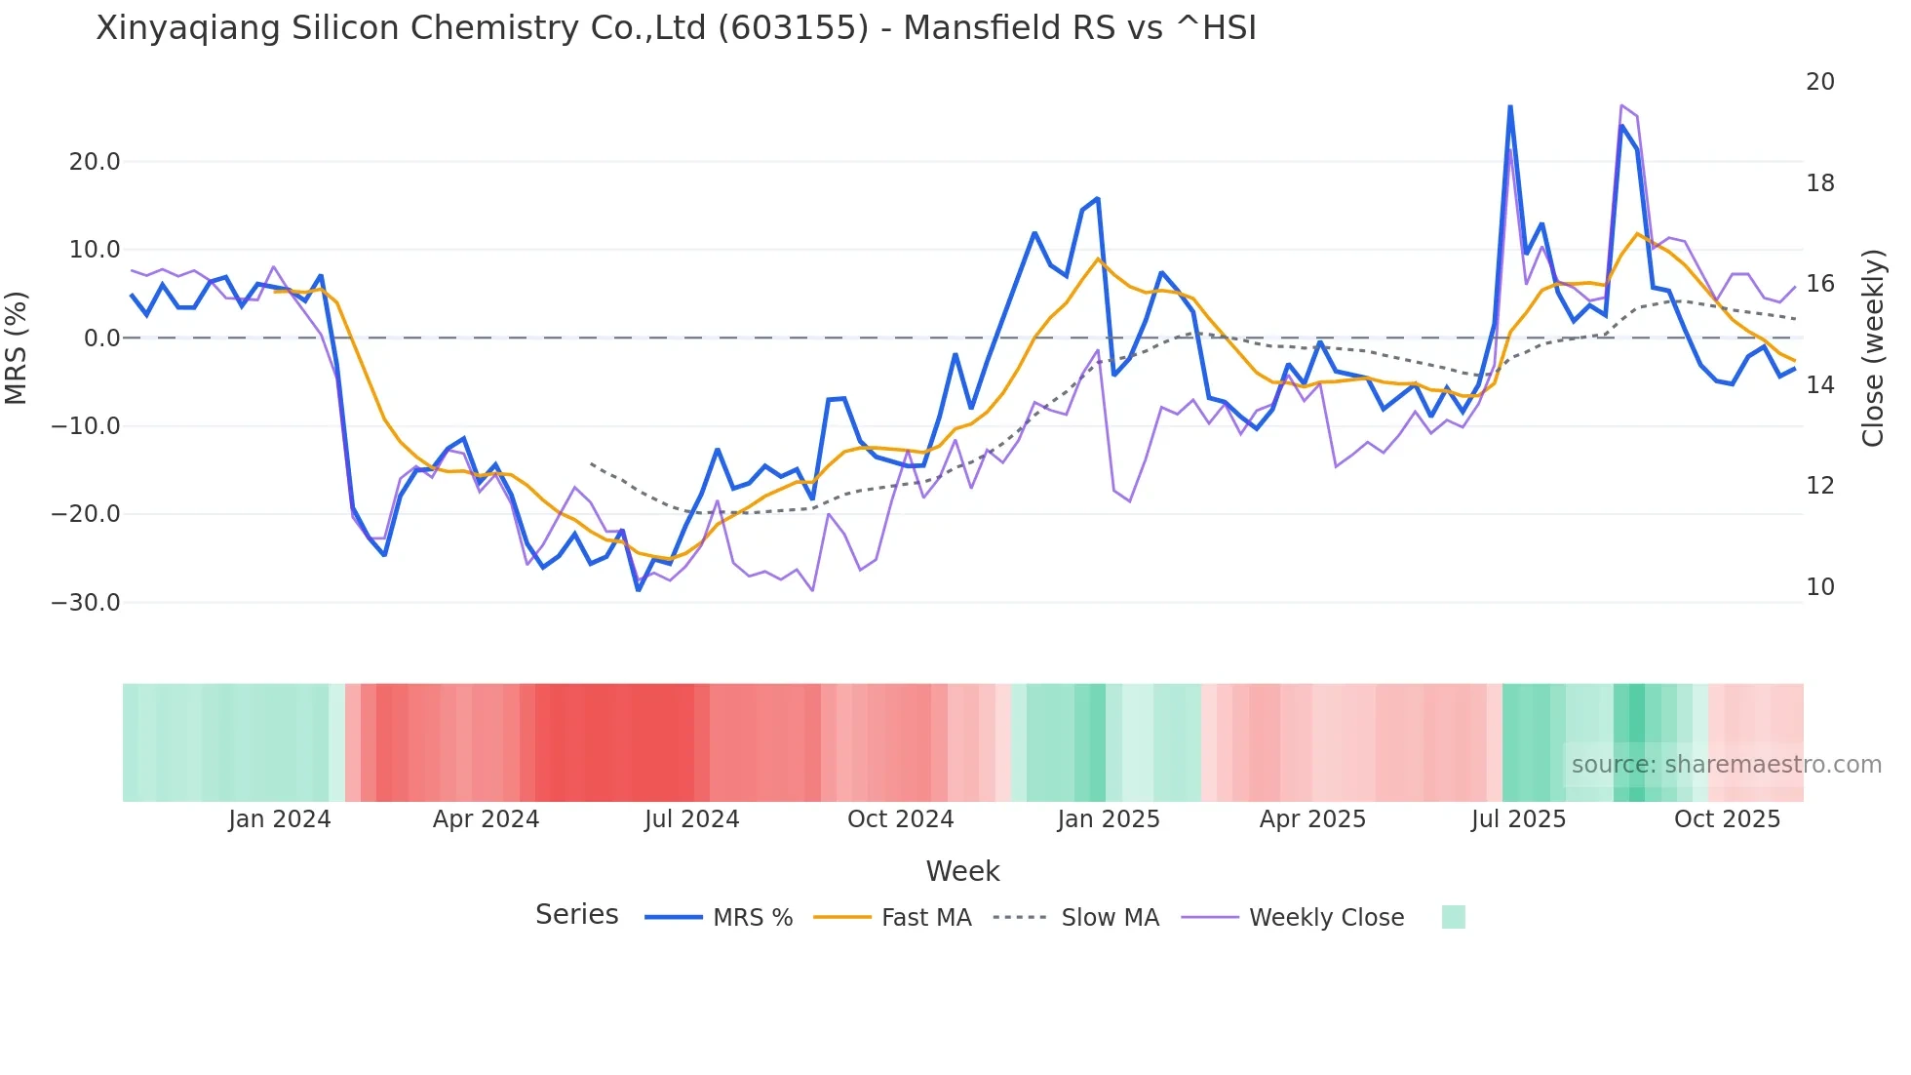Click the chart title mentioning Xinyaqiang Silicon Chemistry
[x=676, y=28]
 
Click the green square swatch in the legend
[x=1453, y=917]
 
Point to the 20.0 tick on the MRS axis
[x=95, y=162]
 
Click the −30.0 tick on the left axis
[x=86, y=603]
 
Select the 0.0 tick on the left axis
[x=101, y=338]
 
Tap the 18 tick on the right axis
[x=1819, y=183]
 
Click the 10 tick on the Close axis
[x=1819, y=587]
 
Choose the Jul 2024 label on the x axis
[x=691, y=819]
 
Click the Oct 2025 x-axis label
[x=1727, y=819]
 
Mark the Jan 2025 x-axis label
[x=1108, y=819]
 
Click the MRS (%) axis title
[x=17, y=347]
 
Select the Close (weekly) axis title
[x=1873, y=348]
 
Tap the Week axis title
[x=962, y=871]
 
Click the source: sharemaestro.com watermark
[x=1726, y=765]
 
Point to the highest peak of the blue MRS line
[x=1509, y=106]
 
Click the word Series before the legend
[x=576, y=915]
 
